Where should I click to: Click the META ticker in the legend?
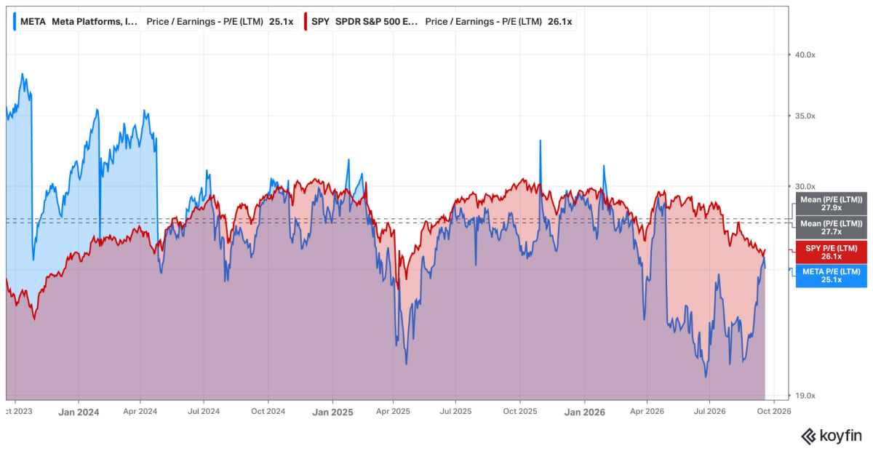[x=33, y=21]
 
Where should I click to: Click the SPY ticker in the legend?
[x=320, y=21]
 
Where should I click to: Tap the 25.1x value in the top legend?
[x=281, y=21]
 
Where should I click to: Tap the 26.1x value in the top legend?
[x=559, y=21]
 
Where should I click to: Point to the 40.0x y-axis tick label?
[x=805, y=55]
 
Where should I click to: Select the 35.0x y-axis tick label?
[x=805, y=116]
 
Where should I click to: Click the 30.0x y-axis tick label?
[x=805, y=187]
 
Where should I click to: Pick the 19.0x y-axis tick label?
[x=805, y=396]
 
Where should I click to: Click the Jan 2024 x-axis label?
[x=79, y=412]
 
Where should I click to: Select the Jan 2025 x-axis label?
[x=332, y=412]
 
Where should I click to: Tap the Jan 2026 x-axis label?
[x=585, y=412]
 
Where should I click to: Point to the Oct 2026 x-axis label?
[x=774, y=411]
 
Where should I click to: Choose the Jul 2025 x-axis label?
[x=455, y=411]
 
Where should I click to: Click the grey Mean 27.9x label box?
[x=832, y=204]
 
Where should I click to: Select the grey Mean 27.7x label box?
[x=832, y=227]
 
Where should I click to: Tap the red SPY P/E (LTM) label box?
[x=832, y=252]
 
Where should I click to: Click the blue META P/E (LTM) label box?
[x=832, y=276]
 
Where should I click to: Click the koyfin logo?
[x=831, y=436]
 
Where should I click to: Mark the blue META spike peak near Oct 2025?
[x=540, y=140]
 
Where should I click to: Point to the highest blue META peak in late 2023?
[x=23, y=73]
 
